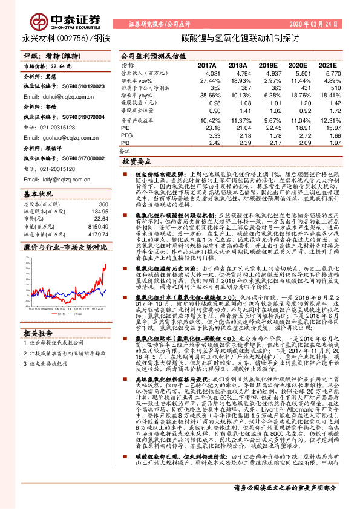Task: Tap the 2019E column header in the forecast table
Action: coord(267,64)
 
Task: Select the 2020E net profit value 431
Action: coord(301,87)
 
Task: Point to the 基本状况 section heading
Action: coord(38,194)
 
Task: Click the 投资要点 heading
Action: coord(137,163)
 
